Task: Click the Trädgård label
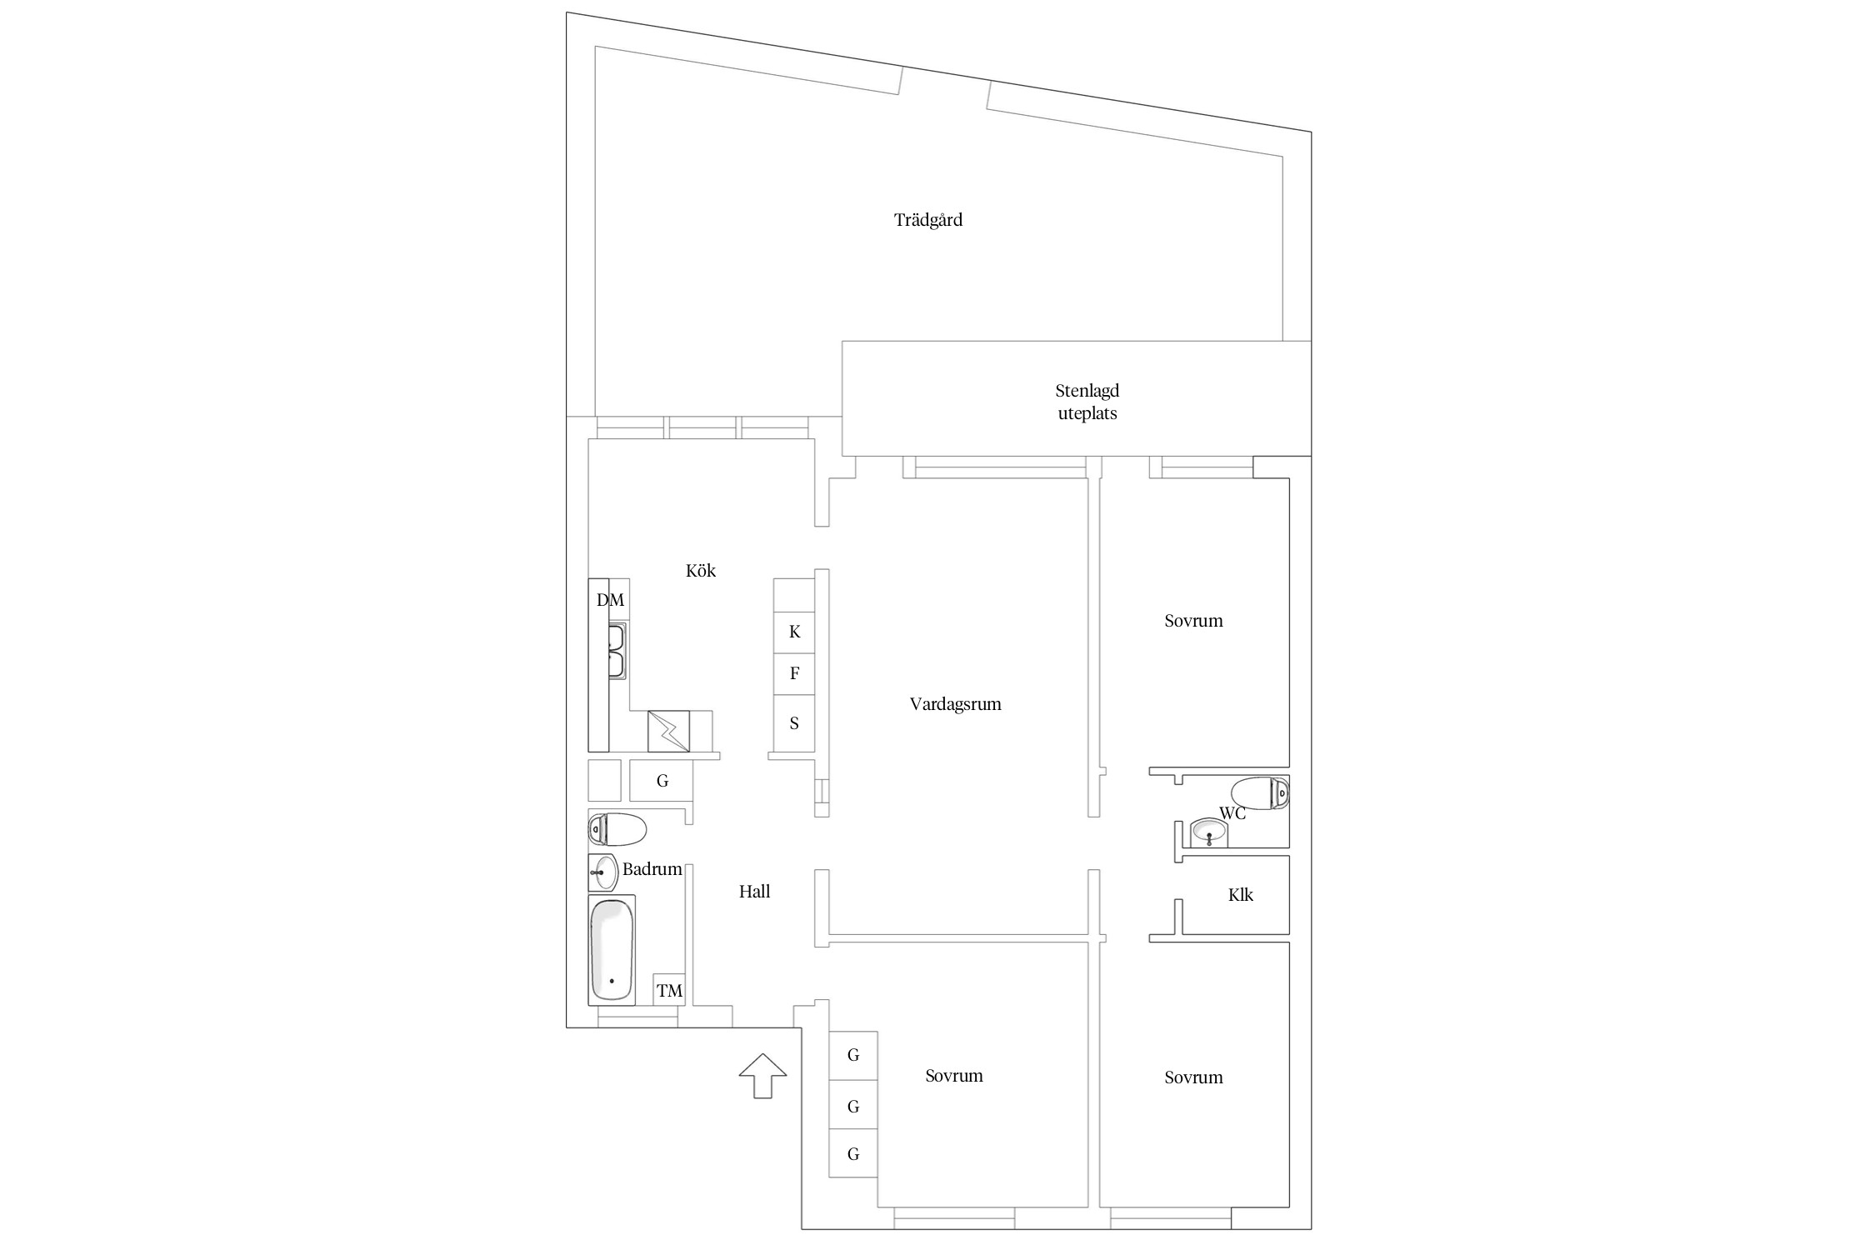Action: tap(928, 221)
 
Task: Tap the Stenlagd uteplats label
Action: tap(1087, 402)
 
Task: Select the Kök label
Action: tap(701, 571)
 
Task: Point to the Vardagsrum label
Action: tap(956, 704)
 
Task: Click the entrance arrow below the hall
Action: tap(762, 1076)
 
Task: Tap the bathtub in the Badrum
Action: tap(612, 950)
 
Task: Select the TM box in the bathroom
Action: tap(669, 990)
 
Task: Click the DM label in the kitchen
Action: tap(610, 600)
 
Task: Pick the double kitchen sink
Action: tap(617, 651)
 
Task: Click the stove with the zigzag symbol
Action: tap(669, 731)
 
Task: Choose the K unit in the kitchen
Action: tap(794, 632)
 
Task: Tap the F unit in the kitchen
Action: tap(794, 674)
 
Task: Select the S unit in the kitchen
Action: tap(794, 723)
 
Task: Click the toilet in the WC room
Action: tap(1260, 793)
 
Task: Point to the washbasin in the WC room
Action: tap(1209, 832)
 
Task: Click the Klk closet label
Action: tap(1241, 895)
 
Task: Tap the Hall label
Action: tap(754, 892)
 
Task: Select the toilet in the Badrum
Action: tap(617, 829)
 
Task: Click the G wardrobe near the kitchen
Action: tap(662, 781)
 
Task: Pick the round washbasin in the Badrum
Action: tap(603, 872)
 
